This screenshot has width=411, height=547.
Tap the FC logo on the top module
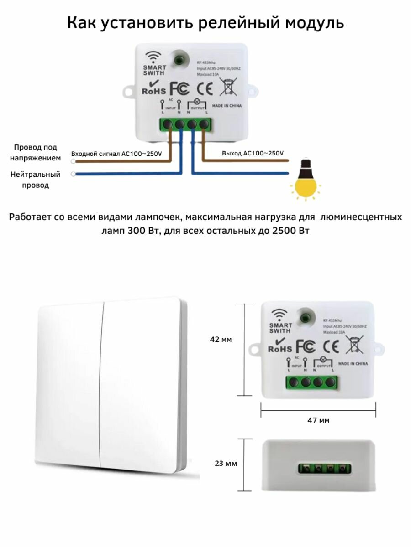coord(179,87)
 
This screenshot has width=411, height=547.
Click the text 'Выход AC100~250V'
coord(253,154)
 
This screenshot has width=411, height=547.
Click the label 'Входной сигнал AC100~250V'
coord(116,154)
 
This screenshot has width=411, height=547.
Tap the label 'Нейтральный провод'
coord(35,180)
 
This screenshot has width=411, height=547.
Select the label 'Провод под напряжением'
coord(35,153)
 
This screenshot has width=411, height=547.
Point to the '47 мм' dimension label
coord(318,420)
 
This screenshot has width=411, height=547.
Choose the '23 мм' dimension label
coord(226,463)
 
